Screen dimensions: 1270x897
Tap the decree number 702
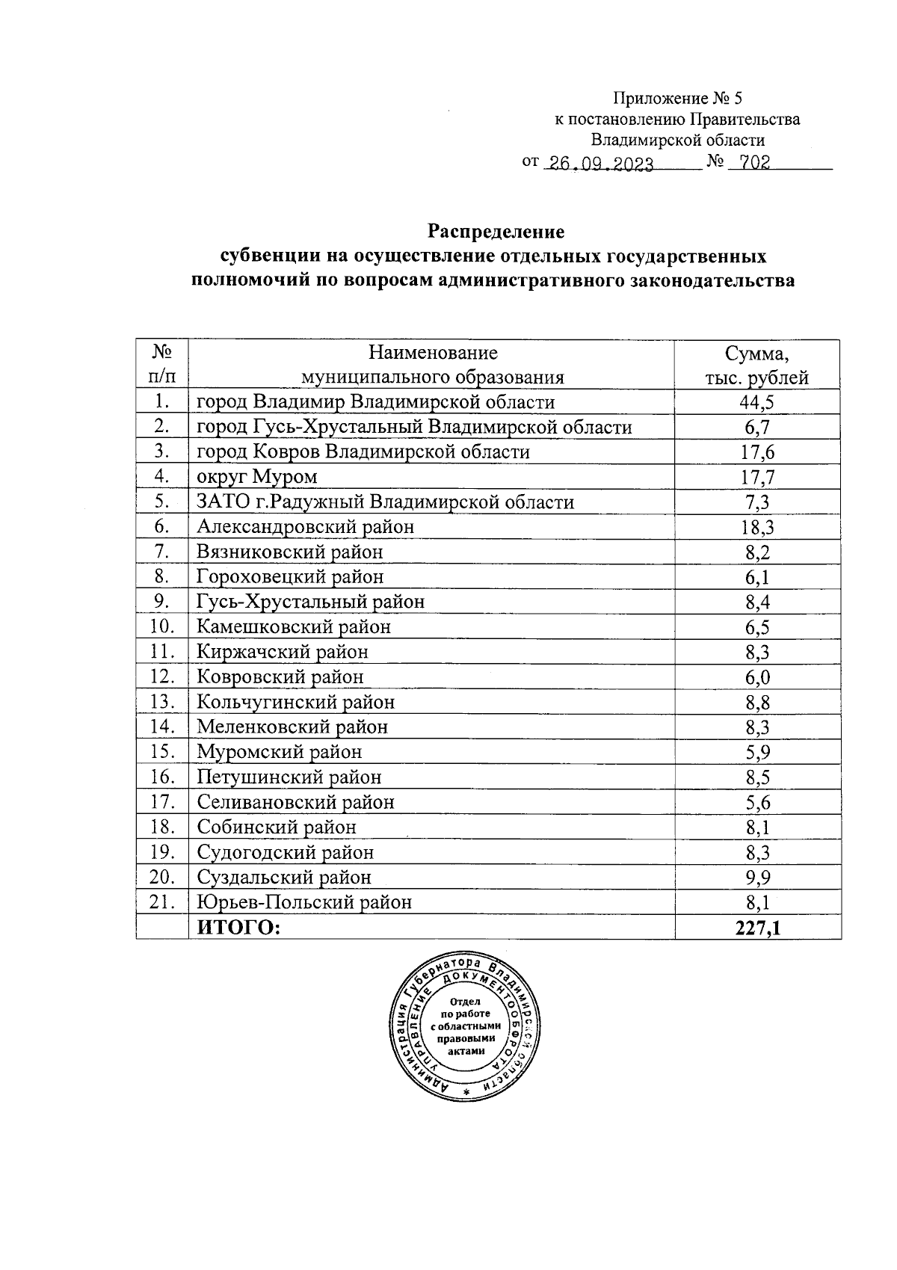point(749,164)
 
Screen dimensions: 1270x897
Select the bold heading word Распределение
point(496,230)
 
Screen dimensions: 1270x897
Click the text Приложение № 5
point(678,98)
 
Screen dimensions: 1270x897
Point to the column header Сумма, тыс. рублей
point(757,365)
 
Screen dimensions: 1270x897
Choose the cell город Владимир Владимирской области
point(375,402)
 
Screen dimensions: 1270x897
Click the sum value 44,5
point(757,403)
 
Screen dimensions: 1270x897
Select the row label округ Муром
point(257,477)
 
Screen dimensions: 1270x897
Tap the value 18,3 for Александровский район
point(757,528)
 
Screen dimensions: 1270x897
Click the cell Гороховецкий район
point(290,577)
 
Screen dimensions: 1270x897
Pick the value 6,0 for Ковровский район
point(757,677)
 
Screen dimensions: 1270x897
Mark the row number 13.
point(161,702)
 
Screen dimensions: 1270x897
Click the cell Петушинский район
point(289,777)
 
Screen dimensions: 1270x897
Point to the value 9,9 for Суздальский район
point(757,877)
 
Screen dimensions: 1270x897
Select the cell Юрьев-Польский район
point(303,902)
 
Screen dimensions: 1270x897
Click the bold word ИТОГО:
point(238,928)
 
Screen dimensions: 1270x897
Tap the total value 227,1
point(757,928)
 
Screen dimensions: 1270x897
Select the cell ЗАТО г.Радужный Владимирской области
point(385,502)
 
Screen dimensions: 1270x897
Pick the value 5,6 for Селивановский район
point(757,802)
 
